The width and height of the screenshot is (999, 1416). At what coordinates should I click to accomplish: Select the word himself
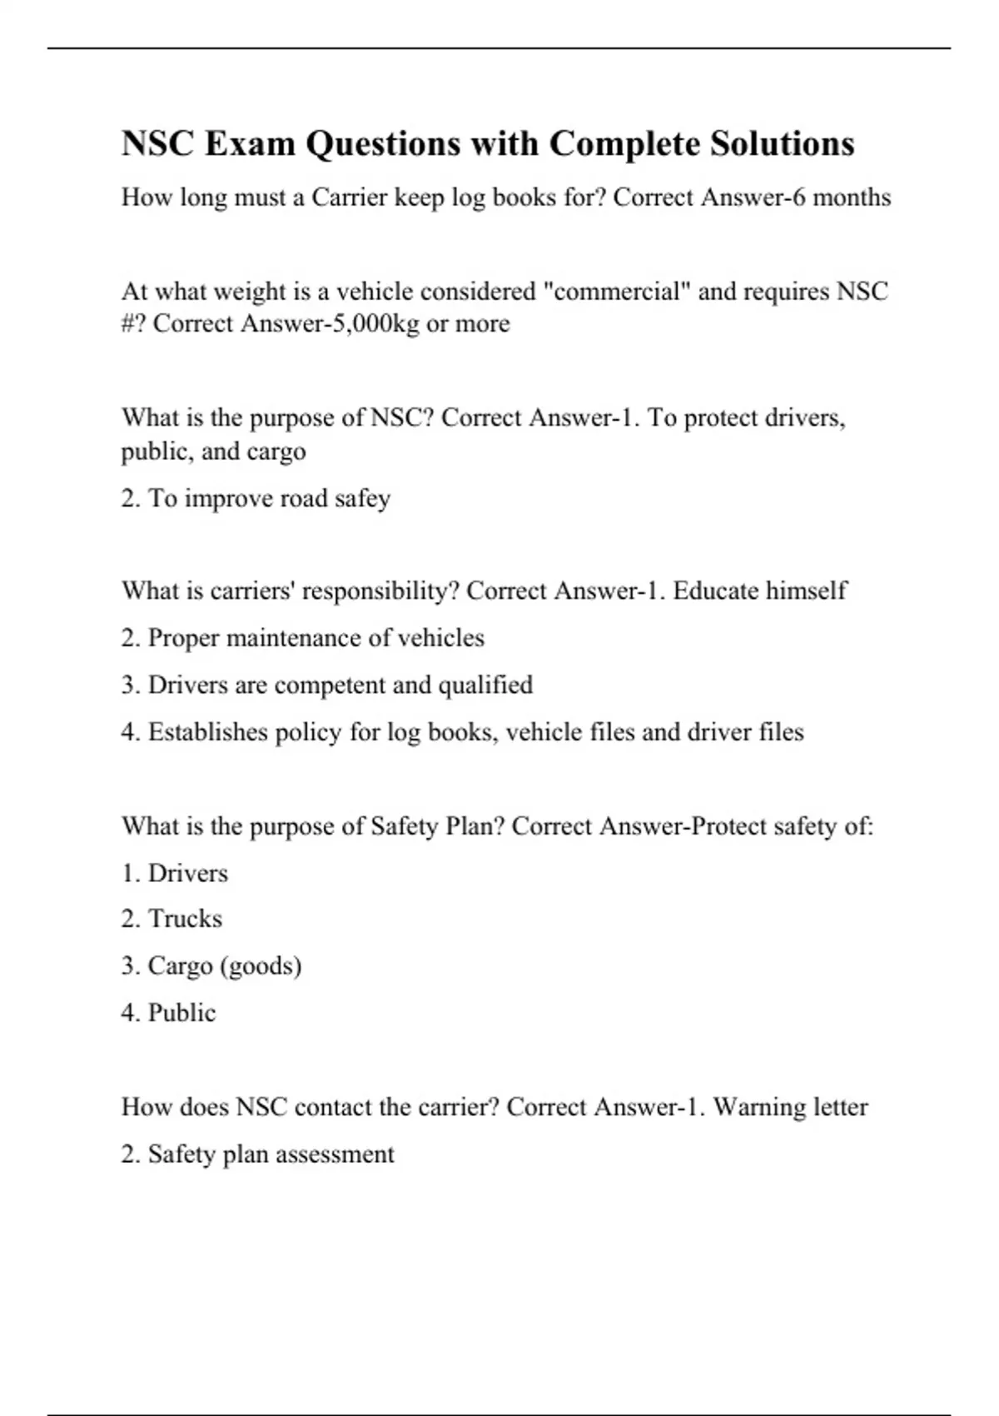tap(806, 591)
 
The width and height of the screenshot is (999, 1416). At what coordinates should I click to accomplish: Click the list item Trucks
tap(185, 919)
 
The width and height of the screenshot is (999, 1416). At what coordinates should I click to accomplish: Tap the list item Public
tap(181, 1013)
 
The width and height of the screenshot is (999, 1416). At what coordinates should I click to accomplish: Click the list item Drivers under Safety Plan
tap(187, 873)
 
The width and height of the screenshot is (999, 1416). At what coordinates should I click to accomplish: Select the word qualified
tap(485, 685)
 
